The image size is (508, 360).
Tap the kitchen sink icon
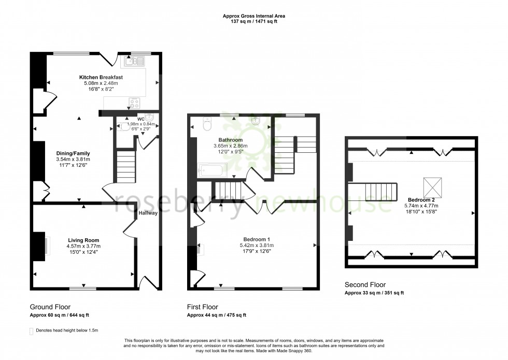point(134,62)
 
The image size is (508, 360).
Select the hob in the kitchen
point(134,102)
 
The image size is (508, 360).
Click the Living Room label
point(83,240)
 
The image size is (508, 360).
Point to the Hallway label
point(148,213)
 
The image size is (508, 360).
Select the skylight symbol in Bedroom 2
point(433,185)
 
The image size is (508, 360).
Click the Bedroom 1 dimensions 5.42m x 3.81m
point(257,245)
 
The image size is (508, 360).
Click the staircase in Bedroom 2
point(380,192)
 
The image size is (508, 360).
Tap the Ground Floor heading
point(50,307)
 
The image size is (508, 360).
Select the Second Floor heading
point(365,285)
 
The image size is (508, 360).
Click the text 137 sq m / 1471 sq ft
point(254,22)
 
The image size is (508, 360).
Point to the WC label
point(140,119)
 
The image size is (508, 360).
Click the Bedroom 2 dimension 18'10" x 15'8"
point(425,211)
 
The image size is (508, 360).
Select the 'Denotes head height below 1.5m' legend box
point(32,330)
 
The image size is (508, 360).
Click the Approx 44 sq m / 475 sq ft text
point(217,315)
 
